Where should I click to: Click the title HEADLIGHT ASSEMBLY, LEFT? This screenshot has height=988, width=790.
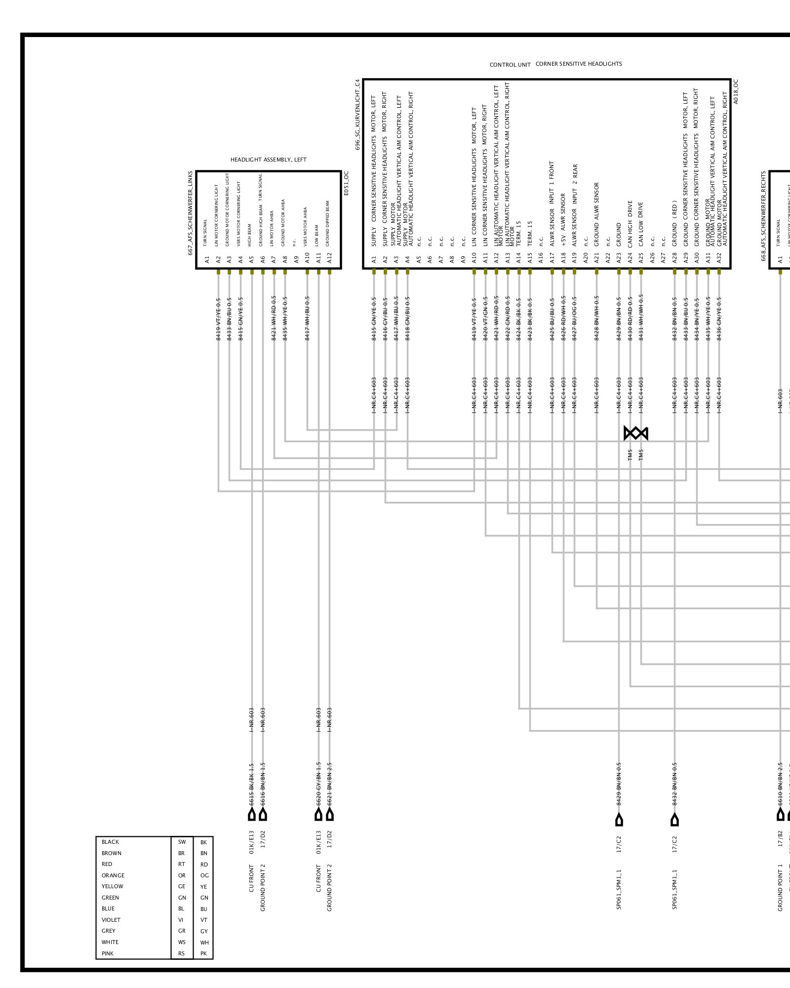click(268, 160)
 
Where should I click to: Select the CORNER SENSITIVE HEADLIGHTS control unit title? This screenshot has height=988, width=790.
click(578, 64)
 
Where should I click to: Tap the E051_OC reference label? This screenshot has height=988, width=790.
click(346, 183)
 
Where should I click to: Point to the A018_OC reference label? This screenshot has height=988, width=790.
click(736, 91)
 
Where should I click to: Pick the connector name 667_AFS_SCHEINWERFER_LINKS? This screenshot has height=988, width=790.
click(190, 213)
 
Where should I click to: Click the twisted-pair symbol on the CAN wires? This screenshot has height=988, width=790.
click(635, 434)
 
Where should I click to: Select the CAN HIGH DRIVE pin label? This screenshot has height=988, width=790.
click(630, 224)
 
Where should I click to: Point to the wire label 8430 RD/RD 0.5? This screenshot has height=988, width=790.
click(630, 318)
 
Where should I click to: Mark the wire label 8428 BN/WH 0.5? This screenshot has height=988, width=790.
click(596, 318)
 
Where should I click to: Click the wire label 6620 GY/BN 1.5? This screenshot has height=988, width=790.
click(318, 783)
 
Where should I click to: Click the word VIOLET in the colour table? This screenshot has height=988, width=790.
click(111, 920)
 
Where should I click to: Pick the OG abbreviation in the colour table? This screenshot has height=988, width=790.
click(204, 875)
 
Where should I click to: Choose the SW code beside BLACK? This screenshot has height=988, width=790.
click(182, 842)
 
